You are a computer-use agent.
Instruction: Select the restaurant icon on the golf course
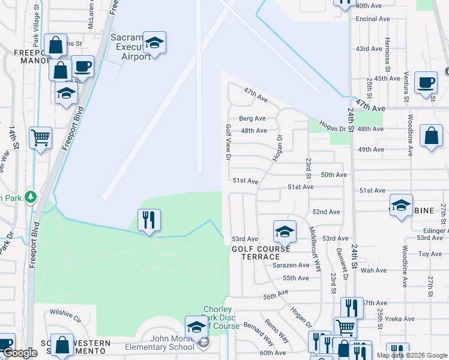click(149, 220)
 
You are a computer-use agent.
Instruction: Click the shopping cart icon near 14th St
click(40, 138)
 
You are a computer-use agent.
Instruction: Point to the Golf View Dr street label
click(228, 143)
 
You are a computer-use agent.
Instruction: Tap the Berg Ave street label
click(252, 119)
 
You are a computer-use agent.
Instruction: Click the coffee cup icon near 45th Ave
click(426, 83)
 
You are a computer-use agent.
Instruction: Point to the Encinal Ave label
click(373, 19)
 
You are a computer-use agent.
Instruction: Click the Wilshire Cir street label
click(65, 313)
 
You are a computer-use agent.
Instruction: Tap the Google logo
click(20, 353)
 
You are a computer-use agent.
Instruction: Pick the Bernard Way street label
click(259, 334)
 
